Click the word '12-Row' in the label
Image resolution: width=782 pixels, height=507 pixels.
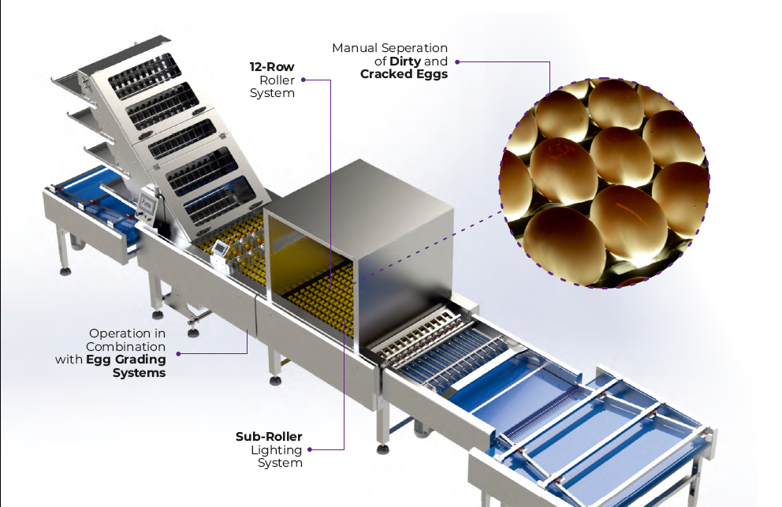pos(272,67)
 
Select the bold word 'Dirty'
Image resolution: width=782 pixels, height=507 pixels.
pos(406,61)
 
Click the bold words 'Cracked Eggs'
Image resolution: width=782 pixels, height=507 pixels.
pos(404,74)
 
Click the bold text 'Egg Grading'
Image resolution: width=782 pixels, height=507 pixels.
pos(126,360)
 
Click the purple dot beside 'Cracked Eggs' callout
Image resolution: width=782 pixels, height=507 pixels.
pos(458,62)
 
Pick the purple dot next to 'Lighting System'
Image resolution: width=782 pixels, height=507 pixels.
pos(310,450)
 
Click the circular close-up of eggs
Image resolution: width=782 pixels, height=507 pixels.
pos(605,182)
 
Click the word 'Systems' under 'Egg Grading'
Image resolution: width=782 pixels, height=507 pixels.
pos(140,373)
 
